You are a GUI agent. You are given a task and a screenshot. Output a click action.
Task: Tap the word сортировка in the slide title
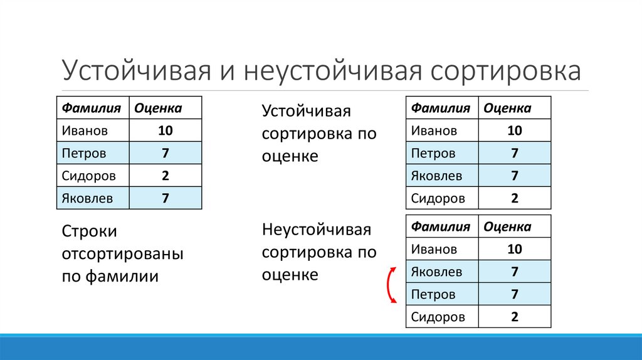coord(505,71)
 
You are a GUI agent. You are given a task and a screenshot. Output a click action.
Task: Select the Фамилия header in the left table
coord(91,108)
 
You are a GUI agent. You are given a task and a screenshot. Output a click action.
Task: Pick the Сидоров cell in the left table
coord(88,176)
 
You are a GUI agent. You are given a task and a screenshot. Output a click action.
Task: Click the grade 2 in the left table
coord(166,176)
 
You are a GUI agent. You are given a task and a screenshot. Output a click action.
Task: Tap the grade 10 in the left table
coord(166,130)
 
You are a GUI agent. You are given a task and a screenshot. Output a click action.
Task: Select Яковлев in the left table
coord(87,198)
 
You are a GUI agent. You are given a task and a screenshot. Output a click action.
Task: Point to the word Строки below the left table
coord(90,231)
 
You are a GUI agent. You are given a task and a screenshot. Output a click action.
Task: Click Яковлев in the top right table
coord(436,176)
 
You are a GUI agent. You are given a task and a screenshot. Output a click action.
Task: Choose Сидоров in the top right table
coord(438,198)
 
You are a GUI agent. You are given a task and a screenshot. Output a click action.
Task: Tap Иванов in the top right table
coord(434,130)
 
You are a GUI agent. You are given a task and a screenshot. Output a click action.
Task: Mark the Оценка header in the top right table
coord(507,108)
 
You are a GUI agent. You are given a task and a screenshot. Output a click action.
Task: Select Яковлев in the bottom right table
coord(436,272)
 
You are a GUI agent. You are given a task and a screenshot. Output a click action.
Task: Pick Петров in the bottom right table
coord(433,294)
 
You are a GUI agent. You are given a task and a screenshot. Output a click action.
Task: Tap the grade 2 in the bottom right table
coord(515,317)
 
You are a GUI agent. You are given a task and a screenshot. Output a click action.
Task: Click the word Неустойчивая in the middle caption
coord(317,230)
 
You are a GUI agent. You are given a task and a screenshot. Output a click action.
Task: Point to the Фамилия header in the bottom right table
coord(440,226)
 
